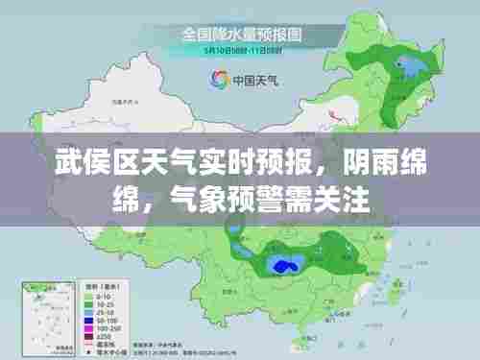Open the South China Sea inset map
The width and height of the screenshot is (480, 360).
point(38,317)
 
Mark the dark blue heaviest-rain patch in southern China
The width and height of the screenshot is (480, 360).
point(285,264)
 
